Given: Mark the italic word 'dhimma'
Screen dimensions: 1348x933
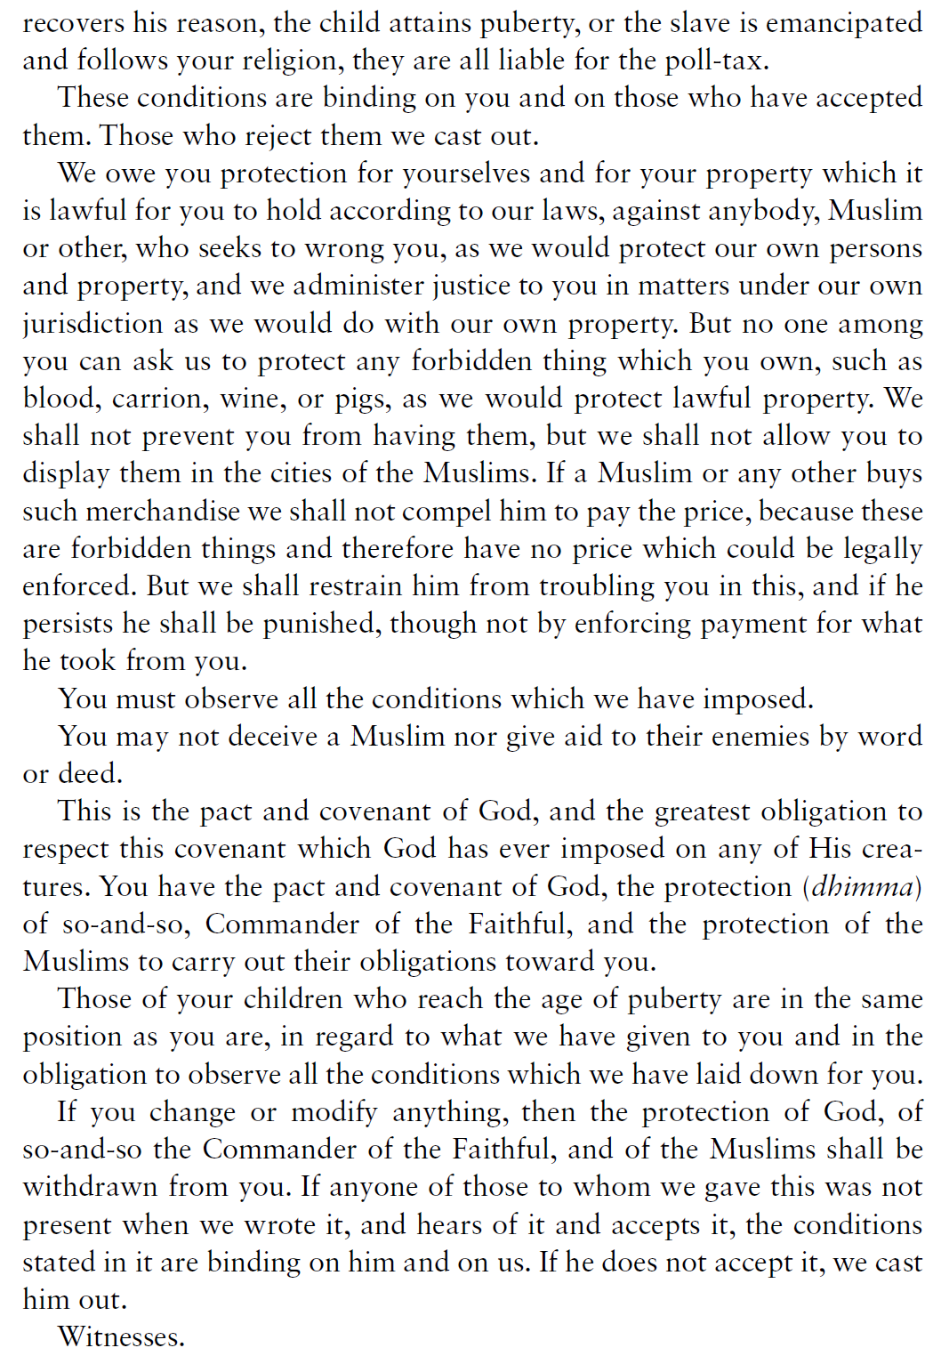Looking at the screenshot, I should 862,887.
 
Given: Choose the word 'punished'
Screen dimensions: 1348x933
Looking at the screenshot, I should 322,624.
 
